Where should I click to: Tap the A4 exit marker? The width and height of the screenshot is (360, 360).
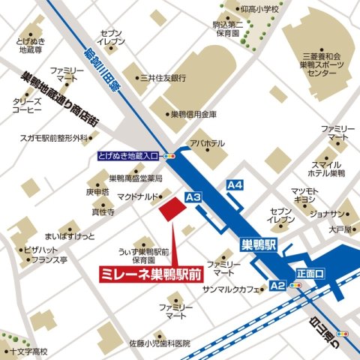235,184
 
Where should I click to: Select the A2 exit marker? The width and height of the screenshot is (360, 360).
277,286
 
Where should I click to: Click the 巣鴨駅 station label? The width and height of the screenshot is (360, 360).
261,244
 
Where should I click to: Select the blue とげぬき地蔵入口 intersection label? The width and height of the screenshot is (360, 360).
128,157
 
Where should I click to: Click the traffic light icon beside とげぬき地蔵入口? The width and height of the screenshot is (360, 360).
171,157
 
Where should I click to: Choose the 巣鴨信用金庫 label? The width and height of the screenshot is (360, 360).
193,115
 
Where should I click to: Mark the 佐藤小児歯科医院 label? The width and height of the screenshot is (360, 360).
159,343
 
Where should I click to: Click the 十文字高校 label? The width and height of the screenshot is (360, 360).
28,351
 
